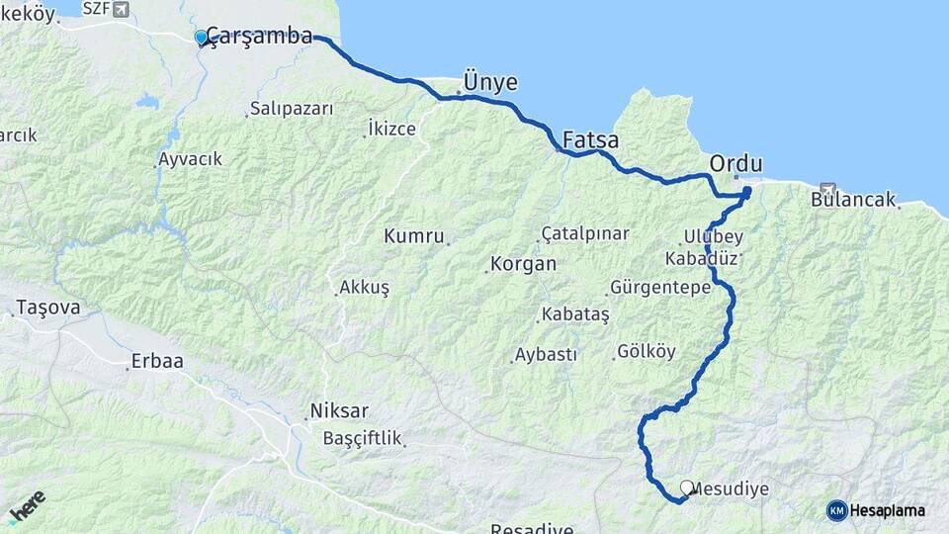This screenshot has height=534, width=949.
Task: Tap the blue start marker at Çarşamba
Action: tap(202, 38)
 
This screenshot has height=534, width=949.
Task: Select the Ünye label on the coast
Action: tap(490, 82)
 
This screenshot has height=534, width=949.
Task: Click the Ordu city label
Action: tap(736, 162)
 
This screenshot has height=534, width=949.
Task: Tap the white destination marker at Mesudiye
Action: tap(687, 487)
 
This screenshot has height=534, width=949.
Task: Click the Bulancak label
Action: tap(853, 199)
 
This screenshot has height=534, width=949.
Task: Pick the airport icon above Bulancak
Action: tap(828, 187)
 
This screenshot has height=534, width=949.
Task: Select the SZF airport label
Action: tap(96, 9)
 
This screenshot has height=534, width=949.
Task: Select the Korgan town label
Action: tap(523, 265)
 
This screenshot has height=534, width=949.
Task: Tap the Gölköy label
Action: tap(646, 351)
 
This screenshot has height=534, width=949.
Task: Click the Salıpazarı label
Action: tap(292, 108)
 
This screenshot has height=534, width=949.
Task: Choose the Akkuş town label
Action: tap(364, 287)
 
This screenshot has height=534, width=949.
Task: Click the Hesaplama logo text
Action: tap(887, 510)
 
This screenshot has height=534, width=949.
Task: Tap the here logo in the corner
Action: tap(27, 506)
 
